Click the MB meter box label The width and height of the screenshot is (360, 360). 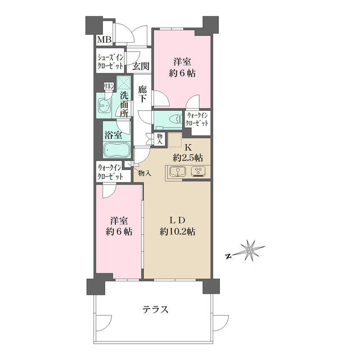[105, 39]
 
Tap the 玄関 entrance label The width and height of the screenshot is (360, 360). [141, 66]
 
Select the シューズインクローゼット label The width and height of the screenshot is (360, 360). [110, 61]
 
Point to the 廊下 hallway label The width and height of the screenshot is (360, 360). [142, 94]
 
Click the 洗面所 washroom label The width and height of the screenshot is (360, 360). [125, 105]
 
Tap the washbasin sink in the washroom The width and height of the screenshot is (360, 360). [105, 106]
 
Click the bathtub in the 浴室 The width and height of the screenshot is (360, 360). [117, 150]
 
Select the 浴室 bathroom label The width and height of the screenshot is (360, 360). [113, 135]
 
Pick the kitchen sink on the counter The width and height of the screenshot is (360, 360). [178, 172]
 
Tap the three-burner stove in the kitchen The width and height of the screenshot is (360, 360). [198, 172]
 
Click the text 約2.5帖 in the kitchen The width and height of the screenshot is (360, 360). [188, 157]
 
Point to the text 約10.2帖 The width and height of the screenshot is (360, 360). [178, 232]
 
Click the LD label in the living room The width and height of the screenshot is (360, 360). [178, 220]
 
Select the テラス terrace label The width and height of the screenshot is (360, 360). [155, 310]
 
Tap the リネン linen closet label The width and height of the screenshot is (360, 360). [109, 86]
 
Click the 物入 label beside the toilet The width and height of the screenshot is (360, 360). [160, 139]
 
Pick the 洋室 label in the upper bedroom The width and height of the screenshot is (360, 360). [182, 62]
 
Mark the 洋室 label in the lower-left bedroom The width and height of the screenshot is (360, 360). [119, 221]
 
